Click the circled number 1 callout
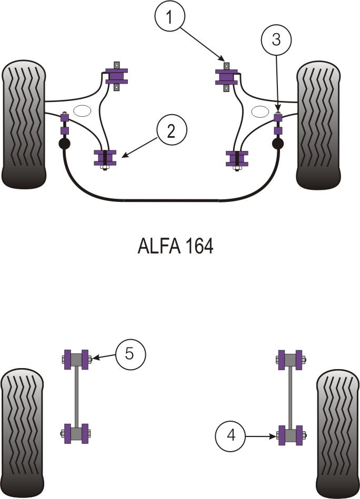[170, 18]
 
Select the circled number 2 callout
[171, 130]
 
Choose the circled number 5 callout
[129, 354]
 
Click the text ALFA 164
[175, 246]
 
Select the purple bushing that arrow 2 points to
[105, 158]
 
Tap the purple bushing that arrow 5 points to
[76, 360]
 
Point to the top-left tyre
[24, 125]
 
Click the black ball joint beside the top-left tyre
[64, 144]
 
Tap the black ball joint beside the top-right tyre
[278, 143]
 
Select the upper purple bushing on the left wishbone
[116, 76]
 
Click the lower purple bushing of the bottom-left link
[76, 434]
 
